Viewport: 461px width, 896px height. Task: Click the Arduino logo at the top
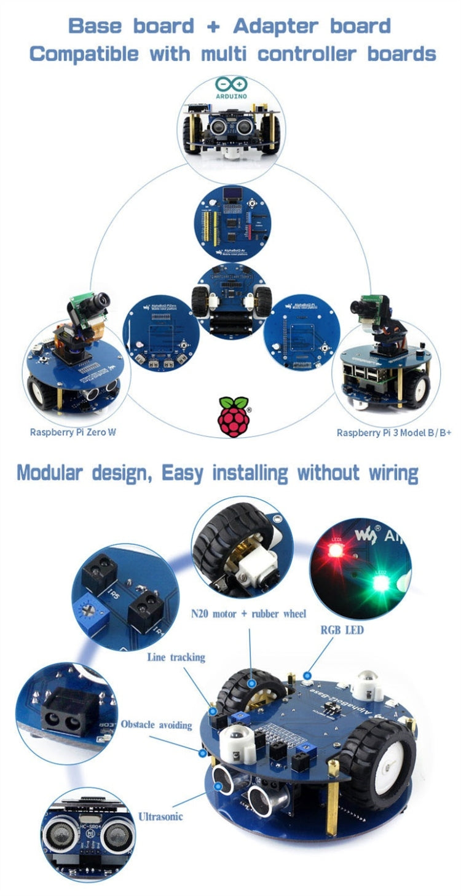[231, 88]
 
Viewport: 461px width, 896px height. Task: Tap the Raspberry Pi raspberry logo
[234, 416]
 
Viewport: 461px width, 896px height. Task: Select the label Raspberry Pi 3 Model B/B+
[393, 433]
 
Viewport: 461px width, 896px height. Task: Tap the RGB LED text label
[342, 630]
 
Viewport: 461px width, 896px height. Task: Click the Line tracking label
[176, 657]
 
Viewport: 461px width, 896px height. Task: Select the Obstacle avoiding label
[156, 724]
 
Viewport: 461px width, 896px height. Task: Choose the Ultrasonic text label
[160, 816]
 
